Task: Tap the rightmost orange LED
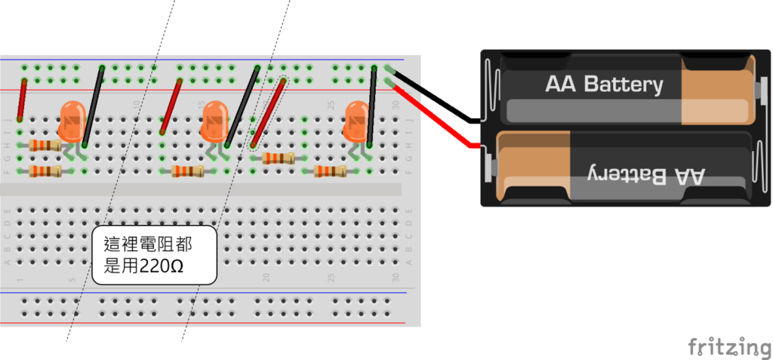(356, 121)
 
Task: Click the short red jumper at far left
(22, 100)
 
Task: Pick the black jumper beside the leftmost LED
(94, 106)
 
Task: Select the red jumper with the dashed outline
(269, 112)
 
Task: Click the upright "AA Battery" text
(604, 84)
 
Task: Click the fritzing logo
(729, 346)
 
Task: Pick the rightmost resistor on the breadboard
(331, 171)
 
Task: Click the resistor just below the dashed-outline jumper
(279, 158)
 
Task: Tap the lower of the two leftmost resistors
(45, 171)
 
